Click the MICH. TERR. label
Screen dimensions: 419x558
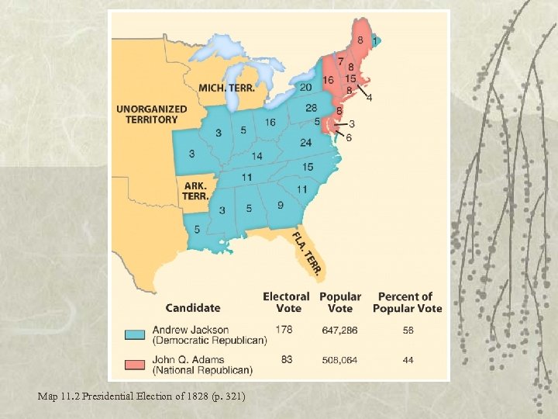[226, 88]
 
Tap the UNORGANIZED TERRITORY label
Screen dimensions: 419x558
[152, 114]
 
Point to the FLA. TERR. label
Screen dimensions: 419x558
[309, 253]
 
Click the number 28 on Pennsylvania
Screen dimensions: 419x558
[311, 108]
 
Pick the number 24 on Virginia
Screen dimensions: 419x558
[305, 143]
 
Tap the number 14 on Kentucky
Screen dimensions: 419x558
[257, 156]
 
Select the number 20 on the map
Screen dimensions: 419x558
[306, 87]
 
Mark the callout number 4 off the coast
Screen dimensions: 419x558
[369, 98]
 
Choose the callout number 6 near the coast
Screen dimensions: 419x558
[349, 137]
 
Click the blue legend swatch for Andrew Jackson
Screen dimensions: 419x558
[135, 335]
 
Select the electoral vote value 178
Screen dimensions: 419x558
[284, 330]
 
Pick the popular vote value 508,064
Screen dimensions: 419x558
[339, 360]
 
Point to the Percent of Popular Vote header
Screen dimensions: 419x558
[407, 302]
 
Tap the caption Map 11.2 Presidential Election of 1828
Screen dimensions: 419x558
[142, 396]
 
